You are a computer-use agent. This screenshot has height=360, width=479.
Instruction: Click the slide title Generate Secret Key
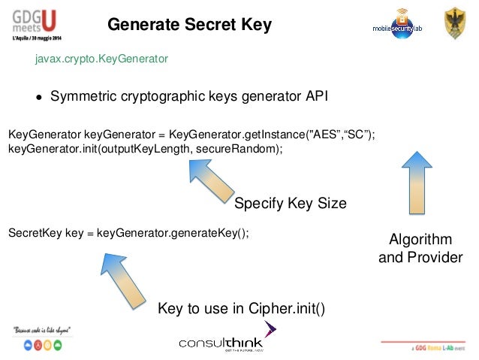(x=189, y=26)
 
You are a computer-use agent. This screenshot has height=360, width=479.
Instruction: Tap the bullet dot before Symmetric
(x=38, y=97)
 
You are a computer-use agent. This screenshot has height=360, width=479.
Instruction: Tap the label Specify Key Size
(x=291, y=204)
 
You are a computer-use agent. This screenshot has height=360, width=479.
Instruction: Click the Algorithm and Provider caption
(x=420, y=249)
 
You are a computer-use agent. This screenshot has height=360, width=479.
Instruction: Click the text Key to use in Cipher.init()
(x=241, y=309)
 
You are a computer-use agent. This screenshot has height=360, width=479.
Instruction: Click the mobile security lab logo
(x=398, y=23)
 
